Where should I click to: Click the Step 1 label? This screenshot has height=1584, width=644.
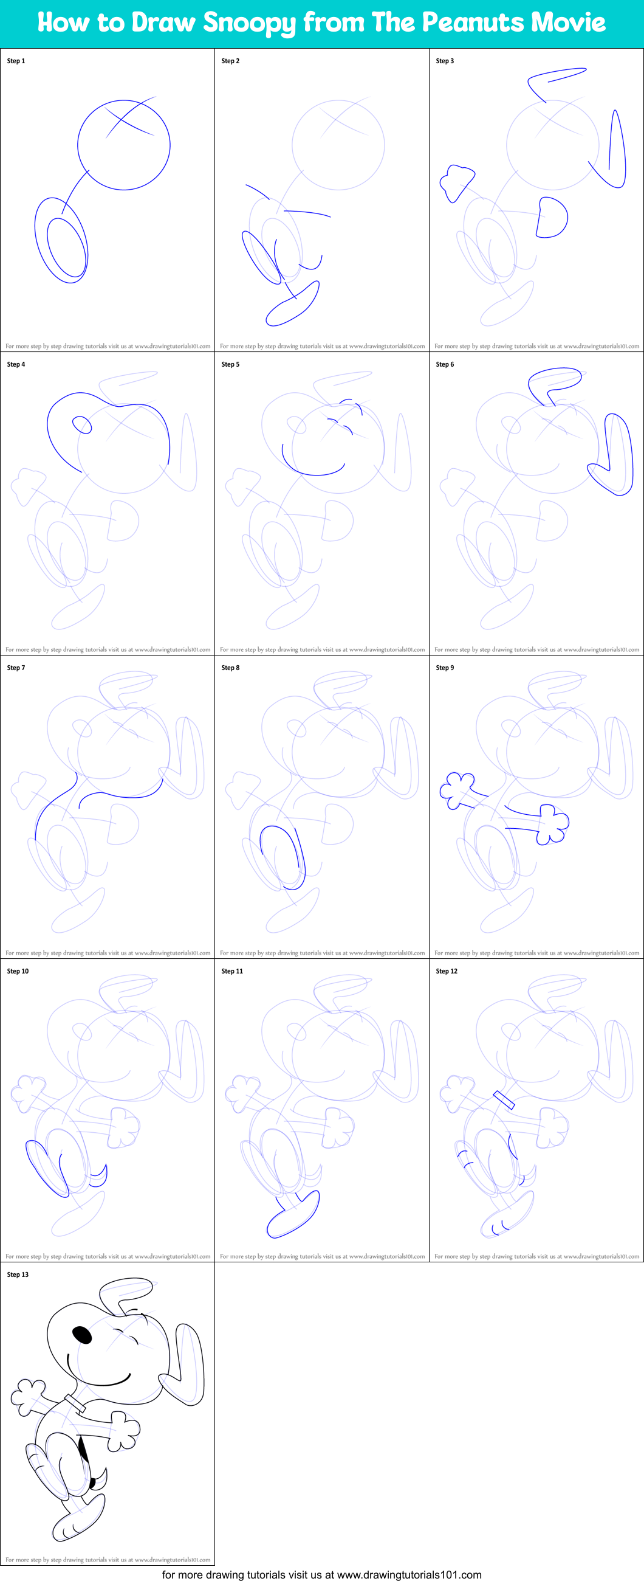[16, 61]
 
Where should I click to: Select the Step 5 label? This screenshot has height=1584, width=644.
[230, 364]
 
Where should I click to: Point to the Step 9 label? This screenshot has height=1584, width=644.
[445, 667]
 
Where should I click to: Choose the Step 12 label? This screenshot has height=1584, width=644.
[447, 971]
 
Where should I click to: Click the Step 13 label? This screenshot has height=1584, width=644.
[18, 1274]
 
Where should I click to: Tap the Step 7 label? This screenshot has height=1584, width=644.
[16, 667]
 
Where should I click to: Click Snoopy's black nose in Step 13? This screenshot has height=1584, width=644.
[83, 1333]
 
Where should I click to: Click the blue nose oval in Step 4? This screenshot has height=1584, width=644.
[82, 424]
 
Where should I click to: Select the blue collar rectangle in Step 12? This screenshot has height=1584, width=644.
[504, 1099]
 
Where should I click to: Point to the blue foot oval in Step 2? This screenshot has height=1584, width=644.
[292, 305]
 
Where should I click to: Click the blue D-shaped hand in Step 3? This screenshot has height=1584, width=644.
[552, 217]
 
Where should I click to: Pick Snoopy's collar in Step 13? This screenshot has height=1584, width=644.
[75, 1403]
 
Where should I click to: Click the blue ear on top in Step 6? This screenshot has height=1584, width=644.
[555, 381]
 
